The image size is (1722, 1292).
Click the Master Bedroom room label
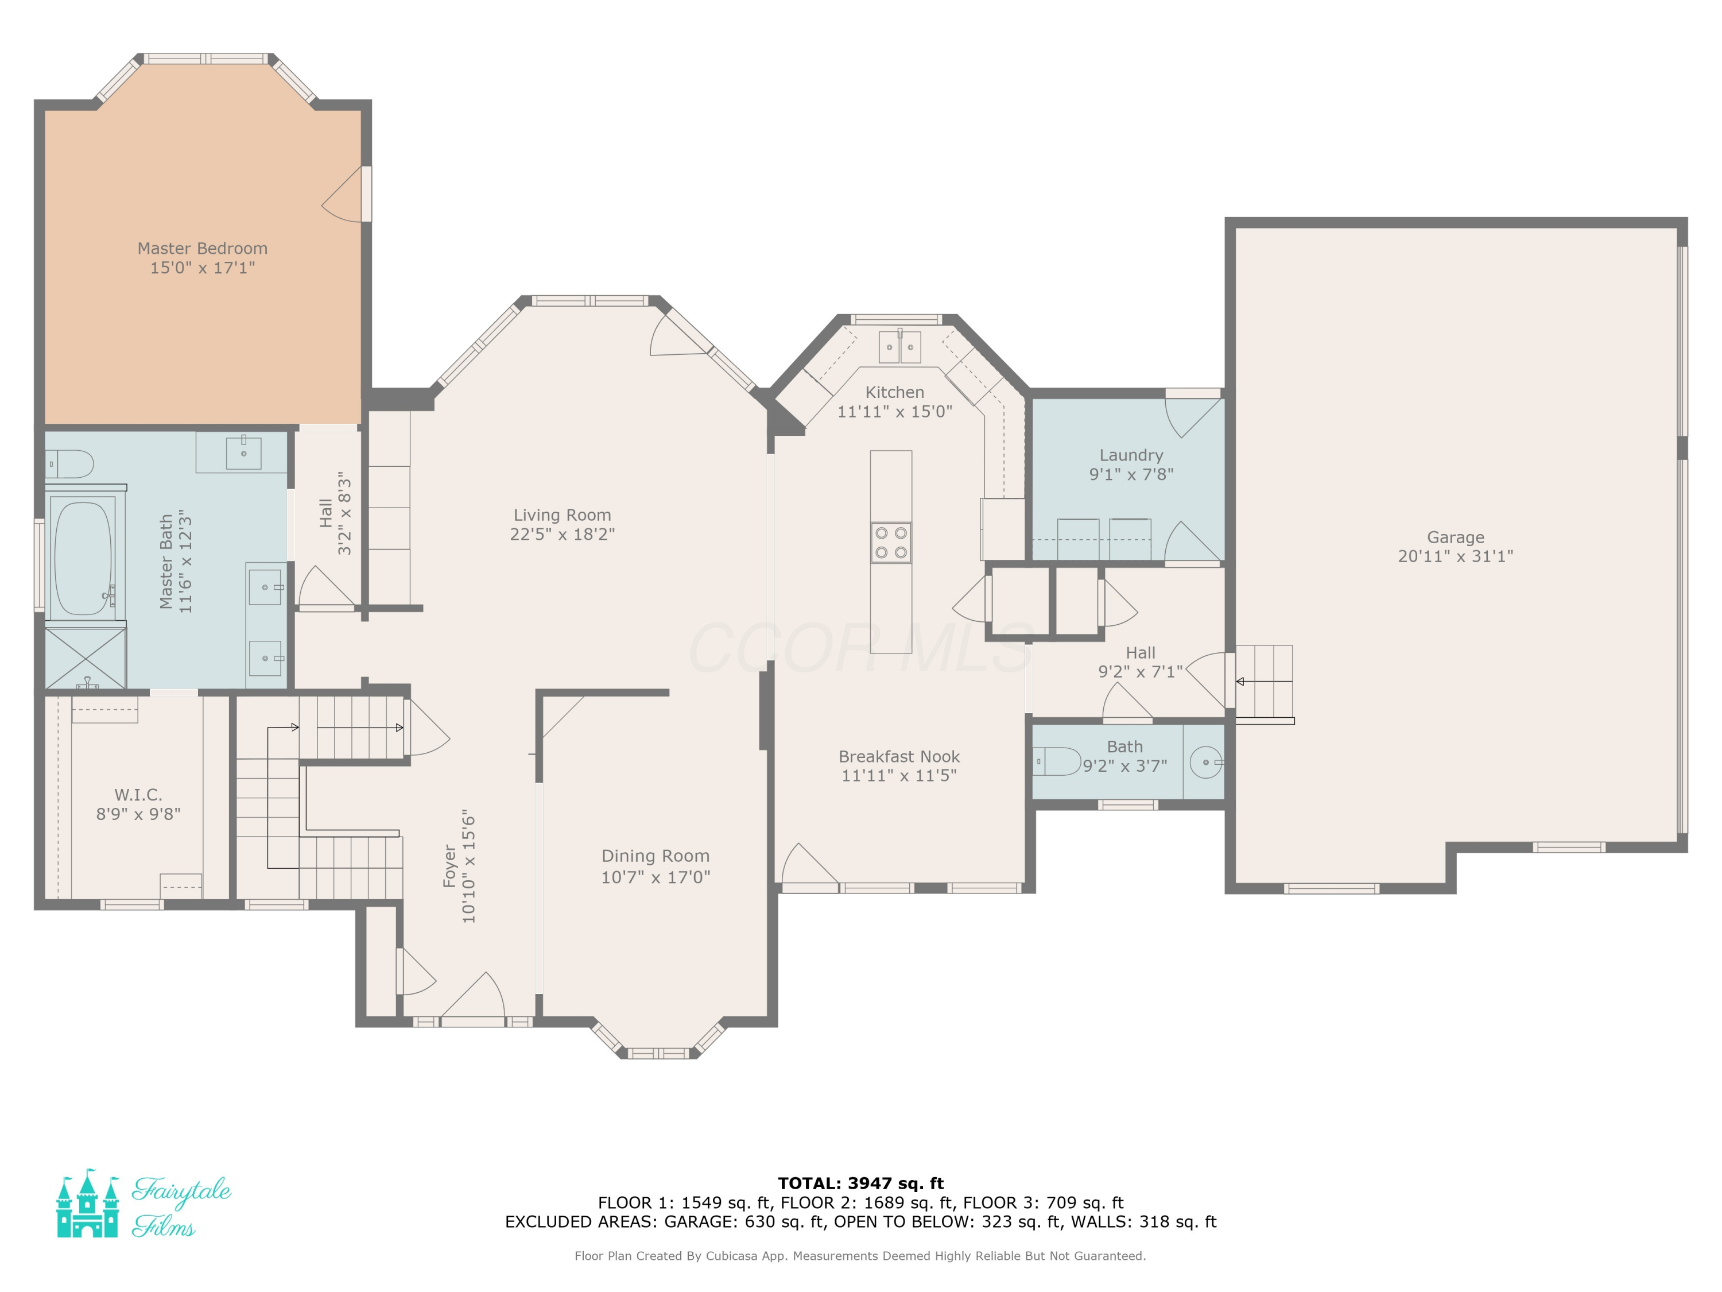(x=203, y=249)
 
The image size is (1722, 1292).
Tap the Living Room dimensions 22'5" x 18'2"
(x=562, y=534)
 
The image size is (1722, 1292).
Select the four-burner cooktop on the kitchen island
(x=891, y=543)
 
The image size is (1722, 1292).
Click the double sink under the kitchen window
(x=900, y=347)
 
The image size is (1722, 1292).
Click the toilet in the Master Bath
(x=68, y=464)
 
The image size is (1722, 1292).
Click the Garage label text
(x=1455, y=537)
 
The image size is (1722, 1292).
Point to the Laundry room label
(x=1131, y=455)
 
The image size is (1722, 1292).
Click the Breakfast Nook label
(x=899, y=756)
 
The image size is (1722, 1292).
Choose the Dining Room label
(x=656, y=856)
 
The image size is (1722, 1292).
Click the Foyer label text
(x=449, y=866)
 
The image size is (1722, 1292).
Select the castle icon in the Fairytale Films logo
(x=87, y=1203)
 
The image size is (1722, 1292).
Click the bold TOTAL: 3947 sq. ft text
(x=860, y=1183)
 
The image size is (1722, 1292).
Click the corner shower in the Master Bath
(x=85, y=657)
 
